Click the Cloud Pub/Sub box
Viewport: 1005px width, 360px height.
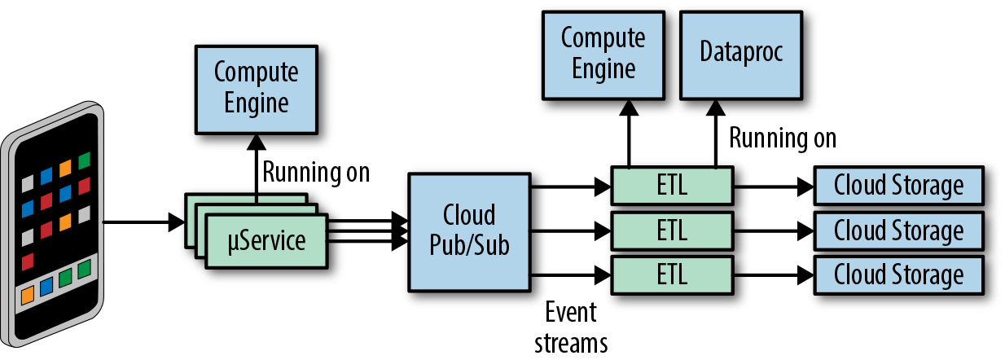468,230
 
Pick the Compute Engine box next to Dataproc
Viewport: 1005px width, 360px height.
603,52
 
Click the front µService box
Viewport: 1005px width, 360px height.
266,242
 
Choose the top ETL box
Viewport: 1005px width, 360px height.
672,186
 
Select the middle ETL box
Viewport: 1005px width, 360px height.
672,230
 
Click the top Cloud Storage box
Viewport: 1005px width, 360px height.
898,186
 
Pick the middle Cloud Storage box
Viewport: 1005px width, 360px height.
898,230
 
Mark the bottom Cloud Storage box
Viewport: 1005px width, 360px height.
898,274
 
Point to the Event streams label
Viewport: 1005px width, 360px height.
571,327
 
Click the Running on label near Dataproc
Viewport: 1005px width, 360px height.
782,138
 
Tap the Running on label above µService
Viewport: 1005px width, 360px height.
316,173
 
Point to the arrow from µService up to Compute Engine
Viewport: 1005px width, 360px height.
256,167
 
